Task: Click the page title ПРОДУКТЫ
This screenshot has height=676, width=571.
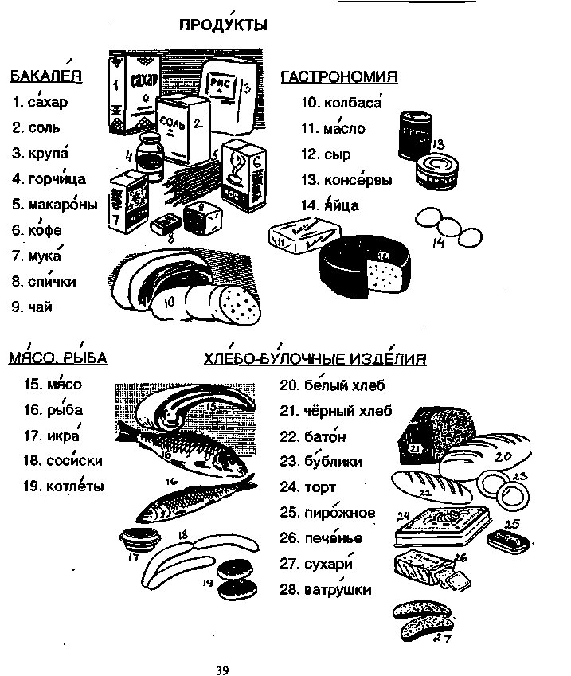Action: [222, 26]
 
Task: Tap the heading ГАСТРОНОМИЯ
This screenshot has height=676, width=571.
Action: [339, 76]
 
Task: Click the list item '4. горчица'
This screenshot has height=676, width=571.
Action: [49, 179]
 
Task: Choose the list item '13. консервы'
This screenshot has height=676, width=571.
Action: [346, 180]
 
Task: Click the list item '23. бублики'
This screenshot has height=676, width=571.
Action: [321, 461]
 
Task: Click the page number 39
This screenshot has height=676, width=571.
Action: [222, 670]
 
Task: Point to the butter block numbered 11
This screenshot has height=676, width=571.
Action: [295, 236]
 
